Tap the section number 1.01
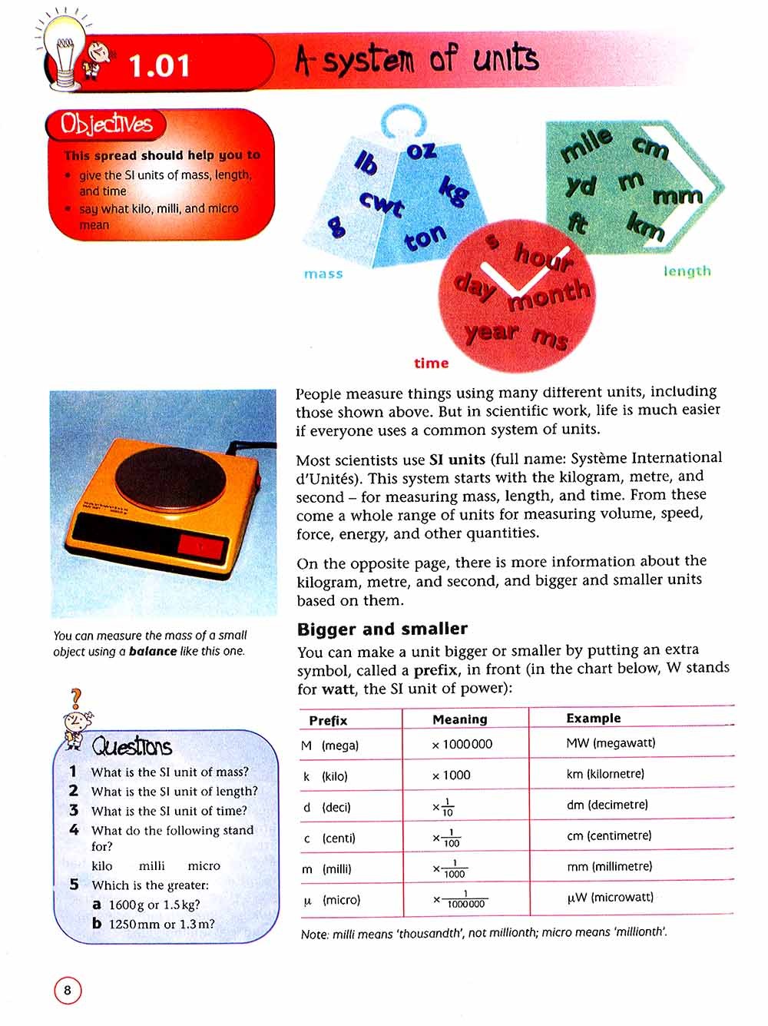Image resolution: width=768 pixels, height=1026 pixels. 159,66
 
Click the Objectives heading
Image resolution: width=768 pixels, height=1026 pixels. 107,125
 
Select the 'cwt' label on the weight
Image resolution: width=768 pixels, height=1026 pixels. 381,204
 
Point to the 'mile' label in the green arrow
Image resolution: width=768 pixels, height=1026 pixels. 587,145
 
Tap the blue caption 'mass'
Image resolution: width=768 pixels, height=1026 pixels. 323,274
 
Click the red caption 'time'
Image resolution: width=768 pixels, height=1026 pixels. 431,363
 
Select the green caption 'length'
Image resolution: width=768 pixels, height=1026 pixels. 687,271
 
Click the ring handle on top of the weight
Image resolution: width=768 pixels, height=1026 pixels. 404,121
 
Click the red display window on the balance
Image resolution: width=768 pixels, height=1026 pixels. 201,547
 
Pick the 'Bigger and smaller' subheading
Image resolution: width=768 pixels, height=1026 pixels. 382,629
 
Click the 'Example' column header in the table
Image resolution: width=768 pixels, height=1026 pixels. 593,718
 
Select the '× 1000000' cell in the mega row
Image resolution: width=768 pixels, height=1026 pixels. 462,744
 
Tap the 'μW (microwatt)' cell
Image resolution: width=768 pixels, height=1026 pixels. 611,897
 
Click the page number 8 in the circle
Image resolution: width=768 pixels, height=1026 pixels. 68,990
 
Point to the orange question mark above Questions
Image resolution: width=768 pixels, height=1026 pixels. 75,699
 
